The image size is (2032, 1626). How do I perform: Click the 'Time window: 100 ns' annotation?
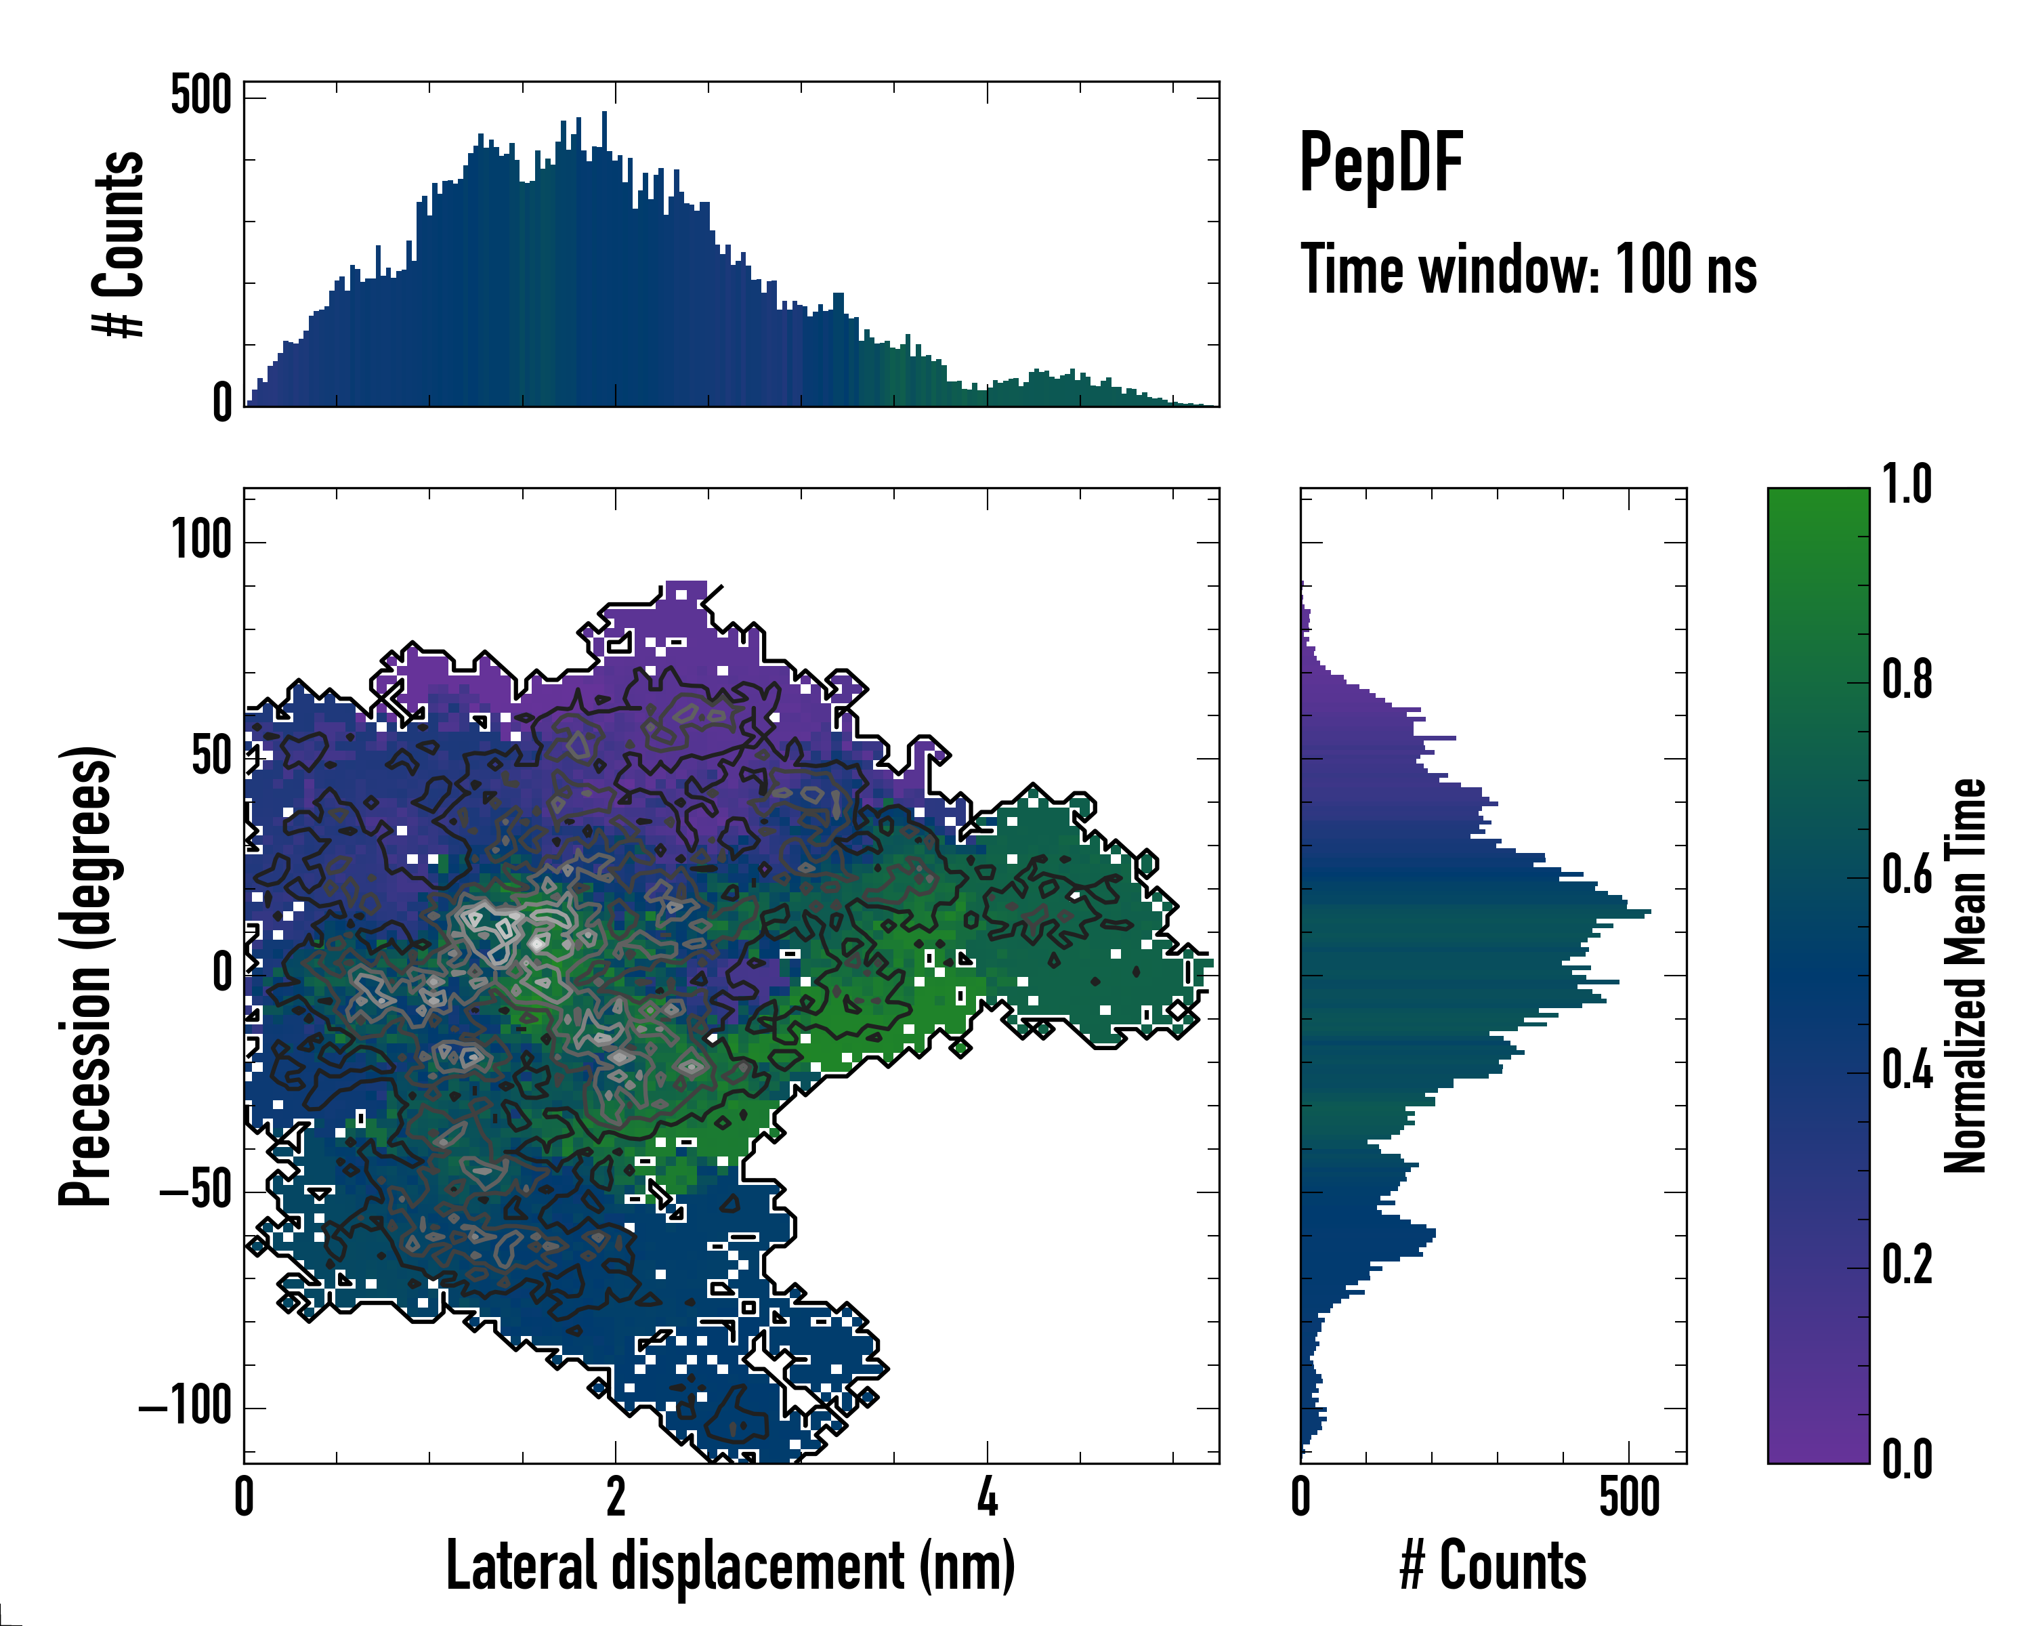pyautogui.click(x=1528, y=270)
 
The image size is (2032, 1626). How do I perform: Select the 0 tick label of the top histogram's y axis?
pyautogui.click(x=222, y=402)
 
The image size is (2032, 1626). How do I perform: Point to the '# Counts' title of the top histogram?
pyautogui.click(x=119, y=243)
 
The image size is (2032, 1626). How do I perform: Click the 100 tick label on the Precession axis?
pyautogui.click(x=200, y=541)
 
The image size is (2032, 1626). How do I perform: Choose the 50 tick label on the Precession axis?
pyautogui.click(x=212, y=757)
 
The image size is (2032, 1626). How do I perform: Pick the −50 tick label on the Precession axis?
pyautogui.click(x=196, y=1192)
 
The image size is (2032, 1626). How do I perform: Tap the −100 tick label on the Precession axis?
pyautogui.click(x=186, y=1406)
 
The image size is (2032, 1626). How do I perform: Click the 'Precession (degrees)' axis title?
pyautogui.click(x=86, y=976)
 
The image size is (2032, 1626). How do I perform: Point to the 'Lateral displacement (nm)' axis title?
pyautogui.click(x=730, y=1566)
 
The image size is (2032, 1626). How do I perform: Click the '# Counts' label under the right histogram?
pyautogui.click(x=1493, y=1566)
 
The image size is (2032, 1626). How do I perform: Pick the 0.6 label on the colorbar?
pyautogui.click(x=1907, y=875)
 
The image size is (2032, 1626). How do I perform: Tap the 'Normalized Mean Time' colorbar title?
pyautogui.click(x=1965, y=976)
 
